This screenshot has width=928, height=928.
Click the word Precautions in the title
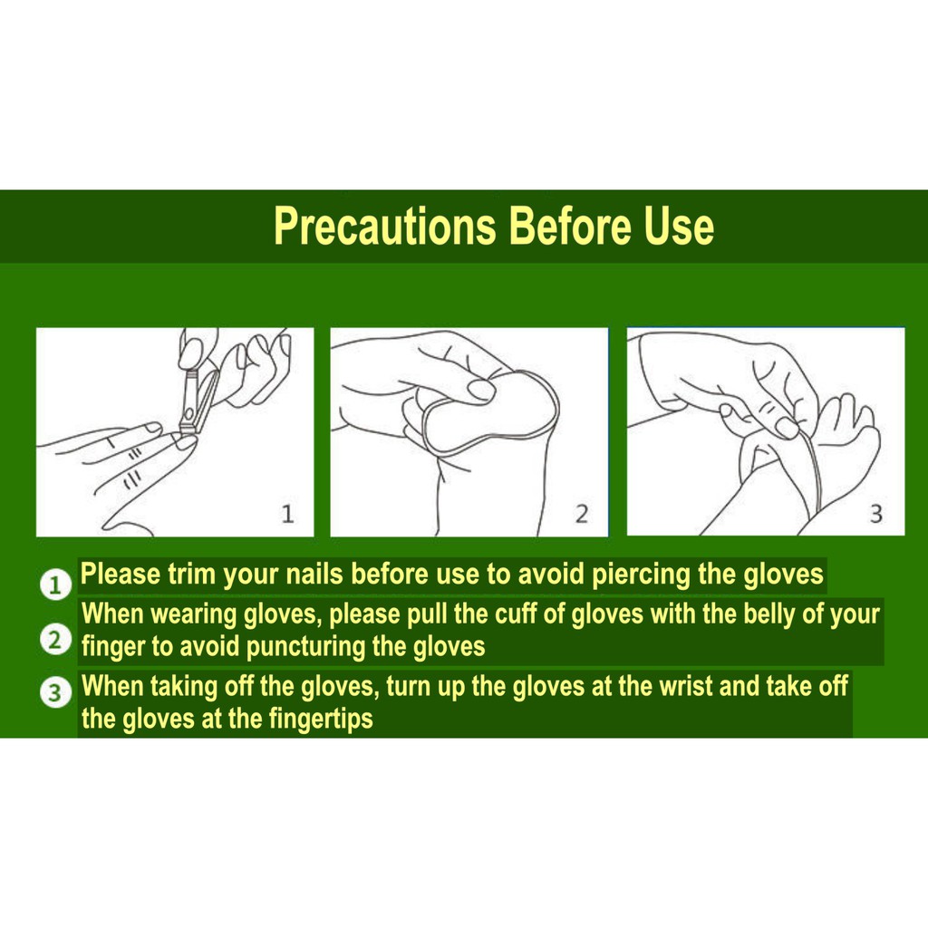click(x=384, y=226)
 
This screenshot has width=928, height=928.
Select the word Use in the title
click(x=679, y=226)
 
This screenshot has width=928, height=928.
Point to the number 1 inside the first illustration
click(x=287, y=515)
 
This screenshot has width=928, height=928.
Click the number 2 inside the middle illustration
click(x=581, y=515)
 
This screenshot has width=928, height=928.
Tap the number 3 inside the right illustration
click(x=875, y=515)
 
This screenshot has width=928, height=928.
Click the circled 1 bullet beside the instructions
click(x=55, y=585)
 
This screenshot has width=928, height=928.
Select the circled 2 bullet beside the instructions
click(x=55, y=641)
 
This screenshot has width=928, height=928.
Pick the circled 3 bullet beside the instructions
click(x=55, y=694)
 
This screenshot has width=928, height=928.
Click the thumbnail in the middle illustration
click(x=480, y=391)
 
